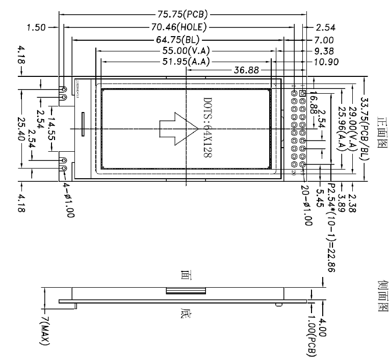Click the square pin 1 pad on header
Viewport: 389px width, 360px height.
click(x=303, y=93)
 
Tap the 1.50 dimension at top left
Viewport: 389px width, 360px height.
click(x=37, y=27)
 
